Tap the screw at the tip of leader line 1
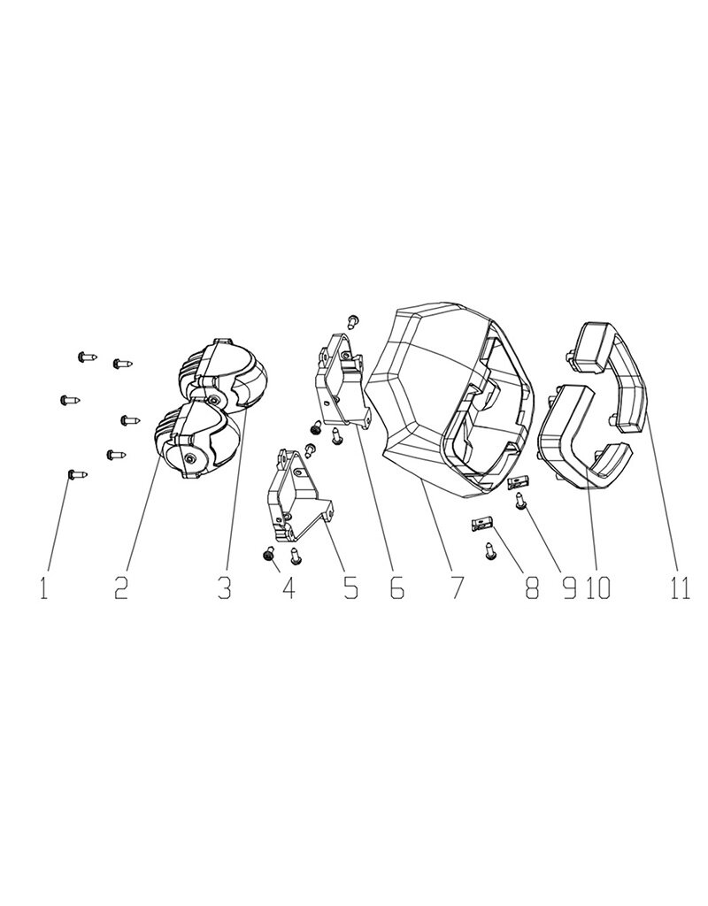pyautogui.click(x=75, y=476)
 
